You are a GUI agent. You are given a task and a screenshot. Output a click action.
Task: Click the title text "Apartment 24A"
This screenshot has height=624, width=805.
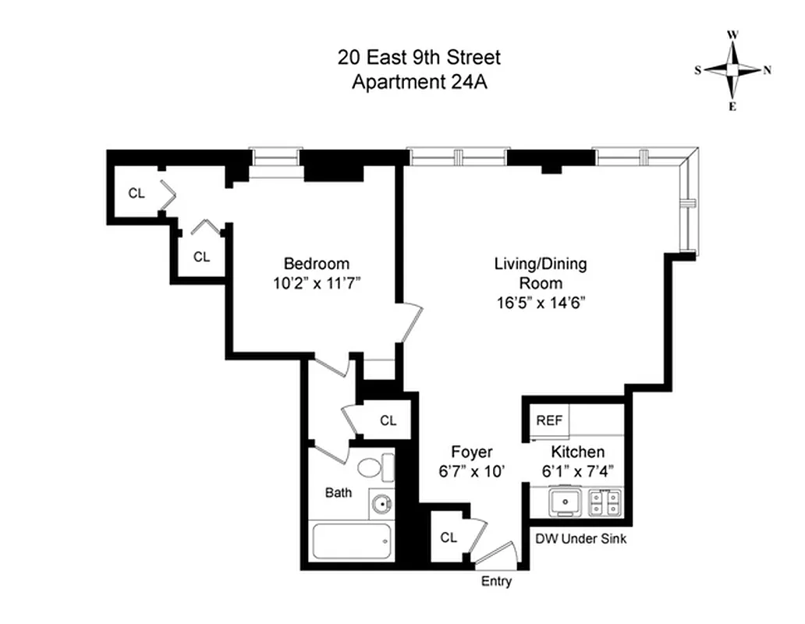419,82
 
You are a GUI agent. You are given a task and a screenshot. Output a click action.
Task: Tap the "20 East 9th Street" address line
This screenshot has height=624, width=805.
419,57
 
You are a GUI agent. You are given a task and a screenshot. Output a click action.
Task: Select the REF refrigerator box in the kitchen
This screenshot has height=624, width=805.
549,420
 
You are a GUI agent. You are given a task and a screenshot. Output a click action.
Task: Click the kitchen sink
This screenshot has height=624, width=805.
564,501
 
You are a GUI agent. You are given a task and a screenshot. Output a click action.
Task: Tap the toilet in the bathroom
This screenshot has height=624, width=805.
375,469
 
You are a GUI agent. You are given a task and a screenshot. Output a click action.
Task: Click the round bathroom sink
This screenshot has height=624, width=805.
381,504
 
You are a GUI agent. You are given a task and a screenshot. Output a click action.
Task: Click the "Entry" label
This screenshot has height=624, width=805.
496,581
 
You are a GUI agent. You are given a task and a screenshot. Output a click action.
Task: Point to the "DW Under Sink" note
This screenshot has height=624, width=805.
580,539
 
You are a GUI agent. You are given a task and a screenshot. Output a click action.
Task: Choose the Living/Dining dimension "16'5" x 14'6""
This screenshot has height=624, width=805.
540,302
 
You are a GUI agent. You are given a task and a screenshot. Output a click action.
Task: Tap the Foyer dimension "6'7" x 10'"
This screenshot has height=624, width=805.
472,471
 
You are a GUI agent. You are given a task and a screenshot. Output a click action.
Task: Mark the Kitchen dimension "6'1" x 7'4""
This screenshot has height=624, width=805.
577,471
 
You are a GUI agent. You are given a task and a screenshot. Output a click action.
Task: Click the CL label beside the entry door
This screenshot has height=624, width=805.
448,537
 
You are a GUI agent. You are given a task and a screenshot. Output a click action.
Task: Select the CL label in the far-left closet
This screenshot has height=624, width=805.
137,194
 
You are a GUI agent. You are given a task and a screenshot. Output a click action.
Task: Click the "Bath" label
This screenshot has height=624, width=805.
339,493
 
